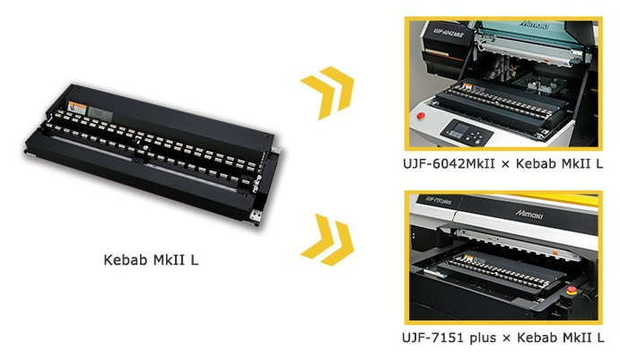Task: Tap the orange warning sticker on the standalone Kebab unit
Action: [81, 110]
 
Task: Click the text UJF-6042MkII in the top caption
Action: [452, 165]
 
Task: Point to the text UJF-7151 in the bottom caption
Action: [436, 337]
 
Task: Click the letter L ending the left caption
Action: [193, 261]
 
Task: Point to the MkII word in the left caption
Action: [167, 261]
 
